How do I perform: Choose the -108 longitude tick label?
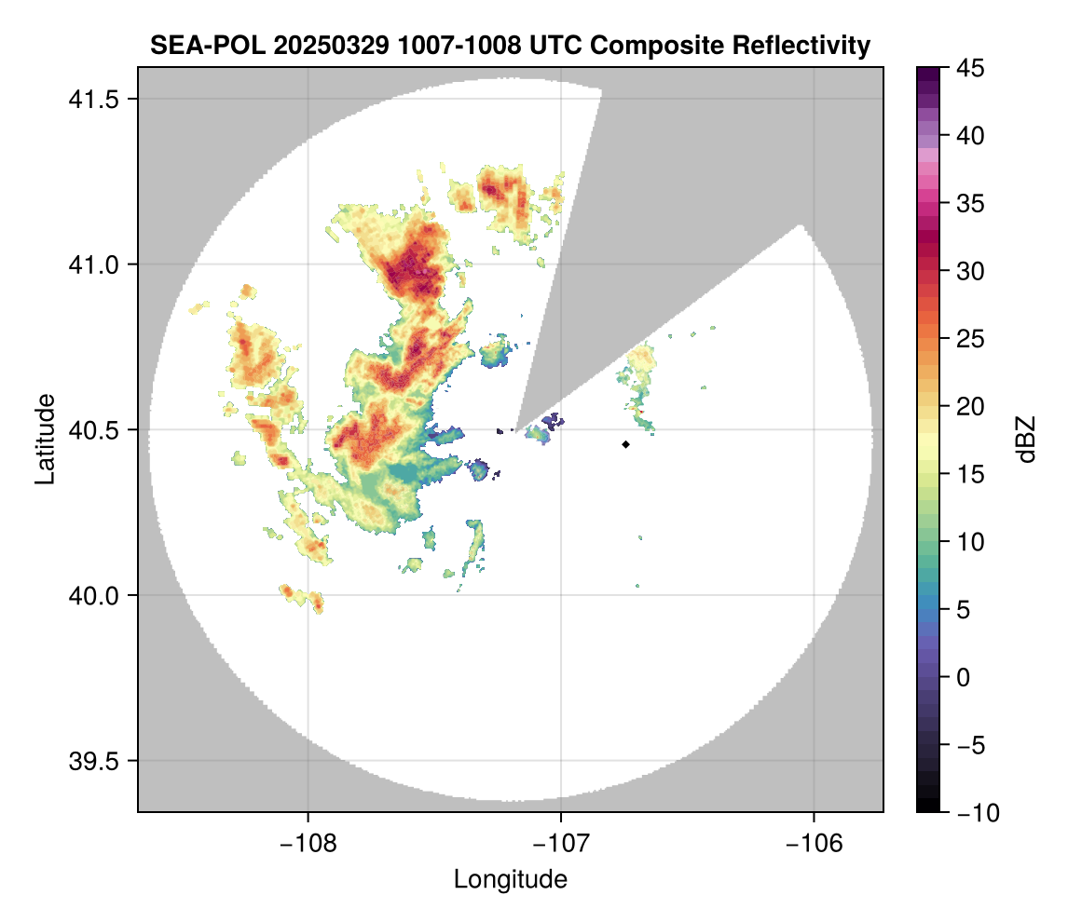click(308, 843)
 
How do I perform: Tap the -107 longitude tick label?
click(561, 843)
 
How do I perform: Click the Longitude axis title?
click(511, 878)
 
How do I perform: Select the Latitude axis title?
click(44, 439)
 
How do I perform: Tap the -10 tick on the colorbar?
click(971, 813)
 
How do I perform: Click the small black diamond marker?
click(626, 444)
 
